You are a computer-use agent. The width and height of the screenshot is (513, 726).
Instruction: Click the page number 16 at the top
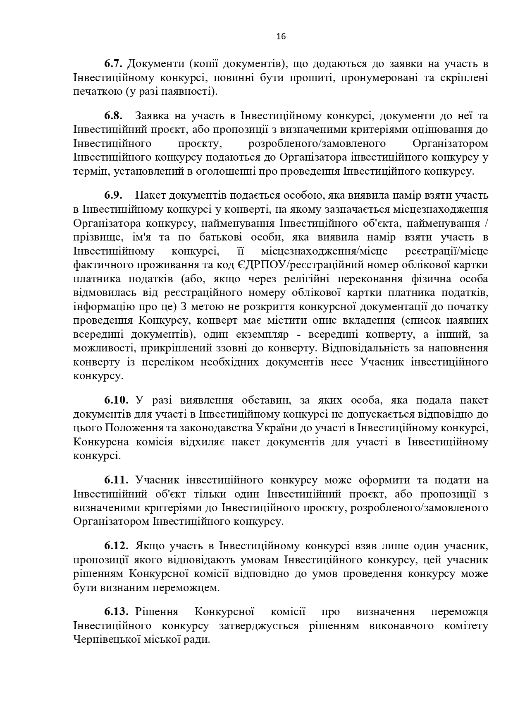[x=281, y=36]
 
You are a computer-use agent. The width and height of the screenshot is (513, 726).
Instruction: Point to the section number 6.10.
[x=117, y=400]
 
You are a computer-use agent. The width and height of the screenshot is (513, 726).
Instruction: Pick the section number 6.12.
[x=117, y=546]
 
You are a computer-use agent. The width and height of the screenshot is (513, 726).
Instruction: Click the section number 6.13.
[x=117, y=612]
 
